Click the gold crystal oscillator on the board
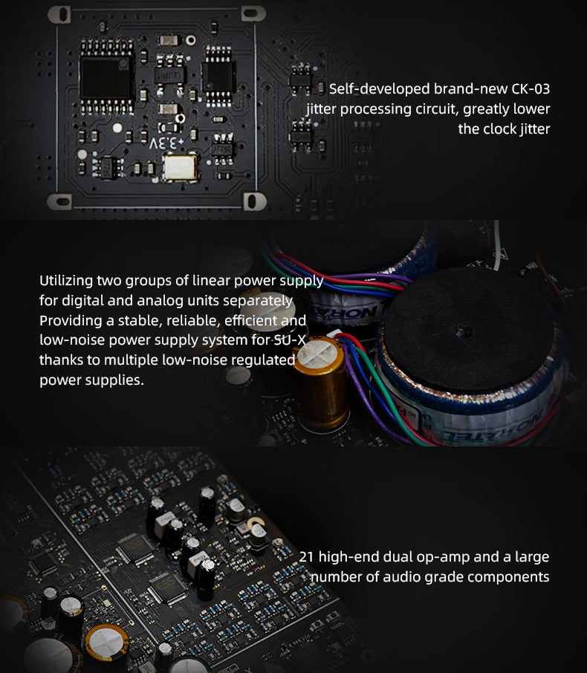point(181,167)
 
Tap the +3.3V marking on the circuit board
point(166,143)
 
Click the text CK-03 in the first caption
point(531,89)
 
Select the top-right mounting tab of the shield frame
point(253,13)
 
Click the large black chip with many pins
point(106,77)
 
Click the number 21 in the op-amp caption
point(306,556)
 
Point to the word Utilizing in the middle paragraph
point(66,281)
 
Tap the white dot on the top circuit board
point(117,128)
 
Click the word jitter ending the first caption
point(534,129)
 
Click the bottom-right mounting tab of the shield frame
point(255,201)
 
